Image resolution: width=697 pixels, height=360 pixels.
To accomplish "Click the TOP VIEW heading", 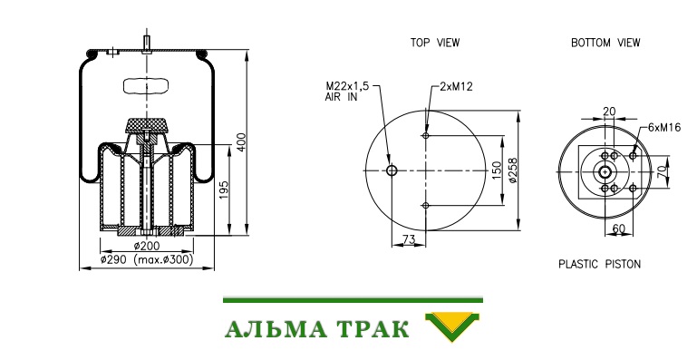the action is point(435,43).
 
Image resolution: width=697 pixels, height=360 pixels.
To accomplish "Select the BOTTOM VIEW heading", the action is point(605,43).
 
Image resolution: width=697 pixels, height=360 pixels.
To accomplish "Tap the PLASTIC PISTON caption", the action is point(600,264).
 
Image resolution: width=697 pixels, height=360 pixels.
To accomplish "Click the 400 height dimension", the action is point(241,141).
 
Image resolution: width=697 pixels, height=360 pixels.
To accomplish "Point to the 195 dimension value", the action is point(224,190).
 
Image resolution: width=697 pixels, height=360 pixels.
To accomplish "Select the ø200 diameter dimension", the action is point(147,245).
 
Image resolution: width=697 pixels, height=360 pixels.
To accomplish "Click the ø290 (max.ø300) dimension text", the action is point(147,259).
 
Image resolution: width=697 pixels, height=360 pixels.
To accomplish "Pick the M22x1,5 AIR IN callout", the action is point(347,92).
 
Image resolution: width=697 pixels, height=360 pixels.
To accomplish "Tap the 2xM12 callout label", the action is point(456,86).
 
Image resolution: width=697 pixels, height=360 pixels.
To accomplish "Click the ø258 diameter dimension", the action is point(512,170).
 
